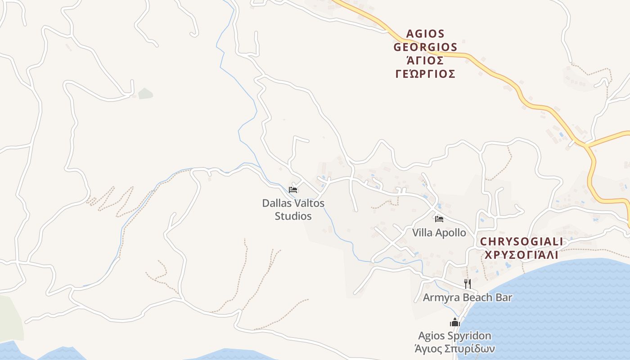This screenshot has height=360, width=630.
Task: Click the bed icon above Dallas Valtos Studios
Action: (293, 190)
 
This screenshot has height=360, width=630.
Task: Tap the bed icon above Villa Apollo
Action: (439, 219)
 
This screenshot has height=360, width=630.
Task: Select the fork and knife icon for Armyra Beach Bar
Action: (468, 283)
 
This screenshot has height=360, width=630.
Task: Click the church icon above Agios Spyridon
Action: (455, 323)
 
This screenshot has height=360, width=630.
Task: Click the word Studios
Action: (293, 216)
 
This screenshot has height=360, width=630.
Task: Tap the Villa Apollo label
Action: (439, 233)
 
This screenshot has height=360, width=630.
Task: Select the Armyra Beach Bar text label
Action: (468, 297)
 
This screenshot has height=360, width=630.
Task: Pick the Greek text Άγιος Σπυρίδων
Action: (455, 349)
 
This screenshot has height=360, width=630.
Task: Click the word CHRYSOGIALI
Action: (521, 242)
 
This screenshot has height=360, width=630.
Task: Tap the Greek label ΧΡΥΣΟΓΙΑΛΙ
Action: (521, 255)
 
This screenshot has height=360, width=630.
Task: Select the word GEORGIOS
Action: (425, 47)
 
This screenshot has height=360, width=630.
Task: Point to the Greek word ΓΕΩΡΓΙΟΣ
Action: (425, 74)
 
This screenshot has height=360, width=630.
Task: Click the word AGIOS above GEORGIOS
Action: (425, 34)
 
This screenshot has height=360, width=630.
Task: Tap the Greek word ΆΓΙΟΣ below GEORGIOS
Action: (425, 60)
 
